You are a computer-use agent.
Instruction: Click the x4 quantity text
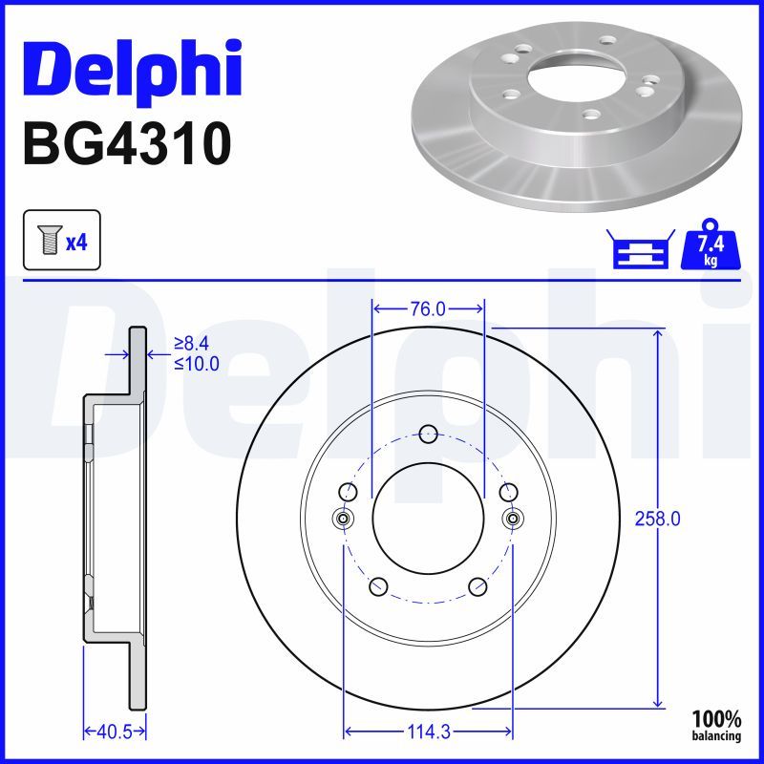(76, 243)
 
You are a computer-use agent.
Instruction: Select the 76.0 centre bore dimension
(428, 308)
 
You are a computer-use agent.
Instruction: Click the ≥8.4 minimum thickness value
(197, 343)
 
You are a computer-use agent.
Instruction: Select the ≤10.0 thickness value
(197, 363)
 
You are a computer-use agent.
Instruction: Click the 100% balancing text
(716, 724)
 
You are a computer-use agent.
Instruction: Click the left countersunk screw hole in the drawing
(343, 518)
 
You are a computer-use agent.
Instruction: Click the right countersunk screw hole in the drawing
(513, 518)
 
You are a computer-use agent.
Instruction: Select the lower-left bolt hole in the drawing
(377, 586)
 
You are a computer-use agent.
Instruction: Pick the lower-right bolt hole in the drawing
(478, 586)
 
